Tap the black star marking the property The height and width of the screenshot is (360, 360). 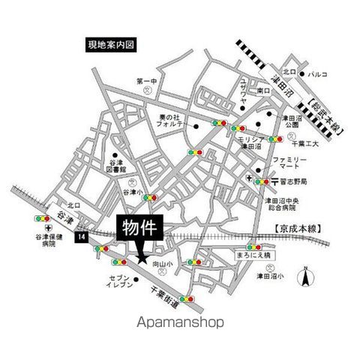click(141, 259)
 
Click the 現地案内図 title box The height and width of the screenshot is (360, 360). click(109, 45)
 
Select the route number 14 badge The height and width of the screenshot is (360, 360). click(79, 237)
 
